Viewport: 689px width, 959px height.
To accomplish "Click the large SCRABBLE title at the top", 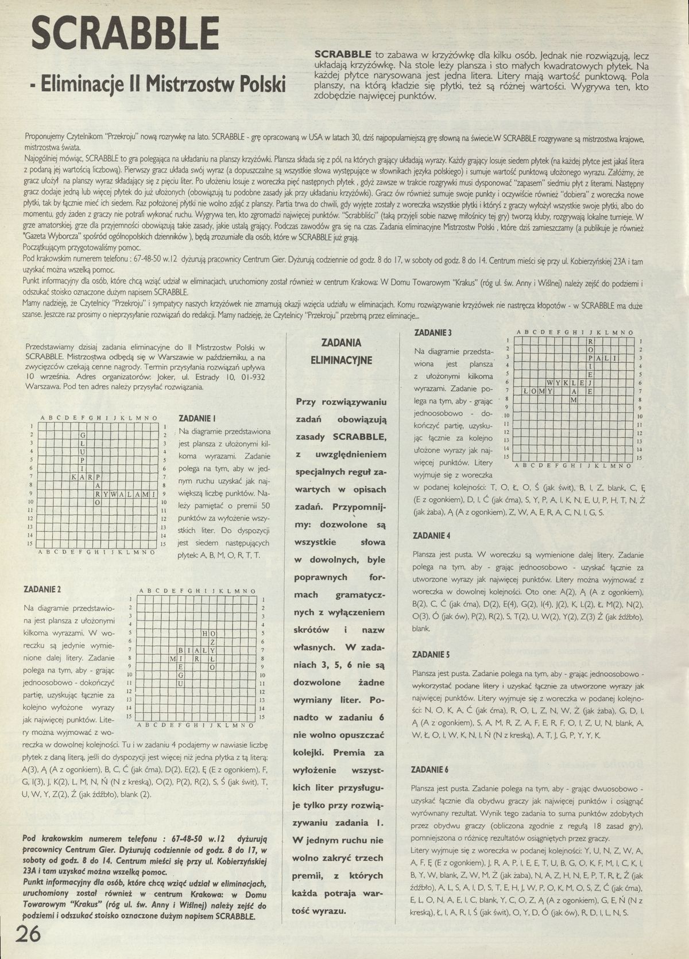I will [x=126, y=34].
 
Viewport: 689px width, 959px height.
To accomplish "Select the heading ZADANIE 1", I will [x=198, y=419].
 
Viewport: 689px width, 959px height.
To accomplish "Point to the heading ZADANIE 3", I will [x=433, y=333].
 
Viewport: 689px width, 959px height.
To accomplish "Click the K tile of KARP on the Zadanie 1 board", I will [x=74, y=476].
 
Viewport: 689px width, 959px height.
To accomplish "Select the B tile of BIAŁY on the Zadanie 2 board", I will [x=181, y=650].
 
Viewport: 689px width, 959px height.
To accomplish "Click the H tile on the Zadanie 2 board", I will [x=204, y=633].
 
